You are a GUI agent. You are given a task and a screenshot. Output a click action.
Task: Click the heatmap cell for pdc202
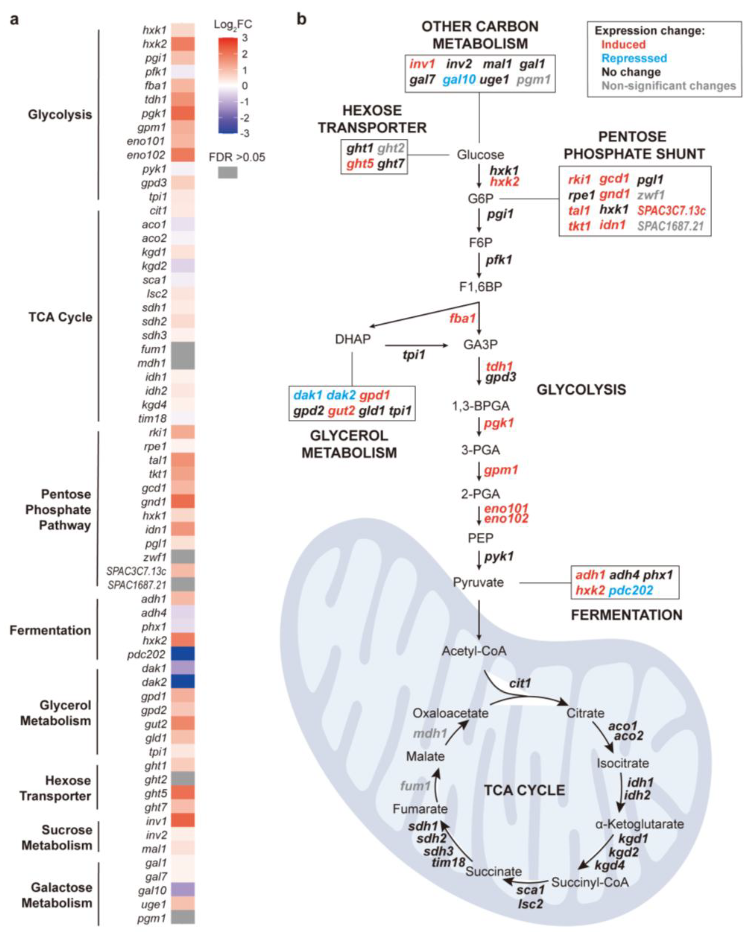coord(183,654)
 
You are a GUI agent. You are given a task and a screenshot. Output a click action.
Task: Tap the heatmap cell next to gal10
coord(183,890)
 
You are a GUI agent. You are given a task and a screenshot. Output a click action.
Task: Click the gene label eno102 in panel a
coord(146,155)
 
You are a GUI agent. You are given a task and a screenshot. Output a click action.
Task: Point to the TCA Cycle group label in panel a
coord(61,317)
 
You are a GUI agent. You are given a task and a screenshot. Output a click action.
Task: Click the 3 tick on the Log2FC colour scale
coord(245,38)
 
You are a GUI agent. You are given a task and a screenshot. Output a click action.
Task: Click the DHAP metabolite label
coord(353,339)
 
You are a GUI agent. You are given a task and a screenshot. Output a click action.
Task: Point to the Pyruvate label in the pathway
coord(478,582)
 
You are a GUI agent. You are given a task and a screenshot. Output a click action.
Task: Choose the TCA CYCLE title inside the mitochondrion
coord(524,790)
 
